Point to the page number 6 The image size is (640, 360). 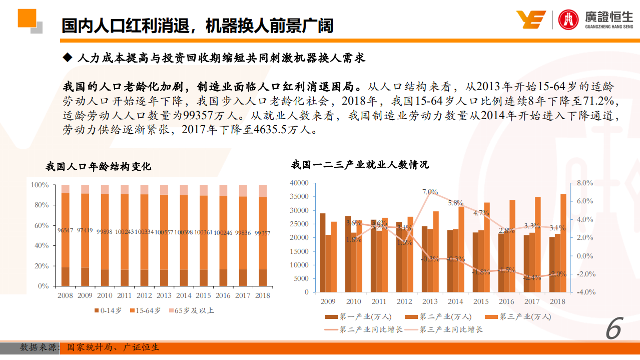613,330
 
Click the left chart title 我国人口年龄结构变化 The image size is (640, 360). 98,167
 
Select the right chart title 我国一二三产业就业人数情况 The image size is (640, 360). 360,164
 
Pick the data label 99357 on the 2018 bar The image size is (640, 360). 262,233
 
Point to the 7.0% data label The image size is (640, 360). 430,192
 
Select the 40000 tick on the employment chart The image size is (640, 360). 299,183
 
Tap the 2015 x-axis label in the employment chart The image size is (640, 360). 480,301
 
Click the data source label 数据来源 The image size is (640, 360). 39,347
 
